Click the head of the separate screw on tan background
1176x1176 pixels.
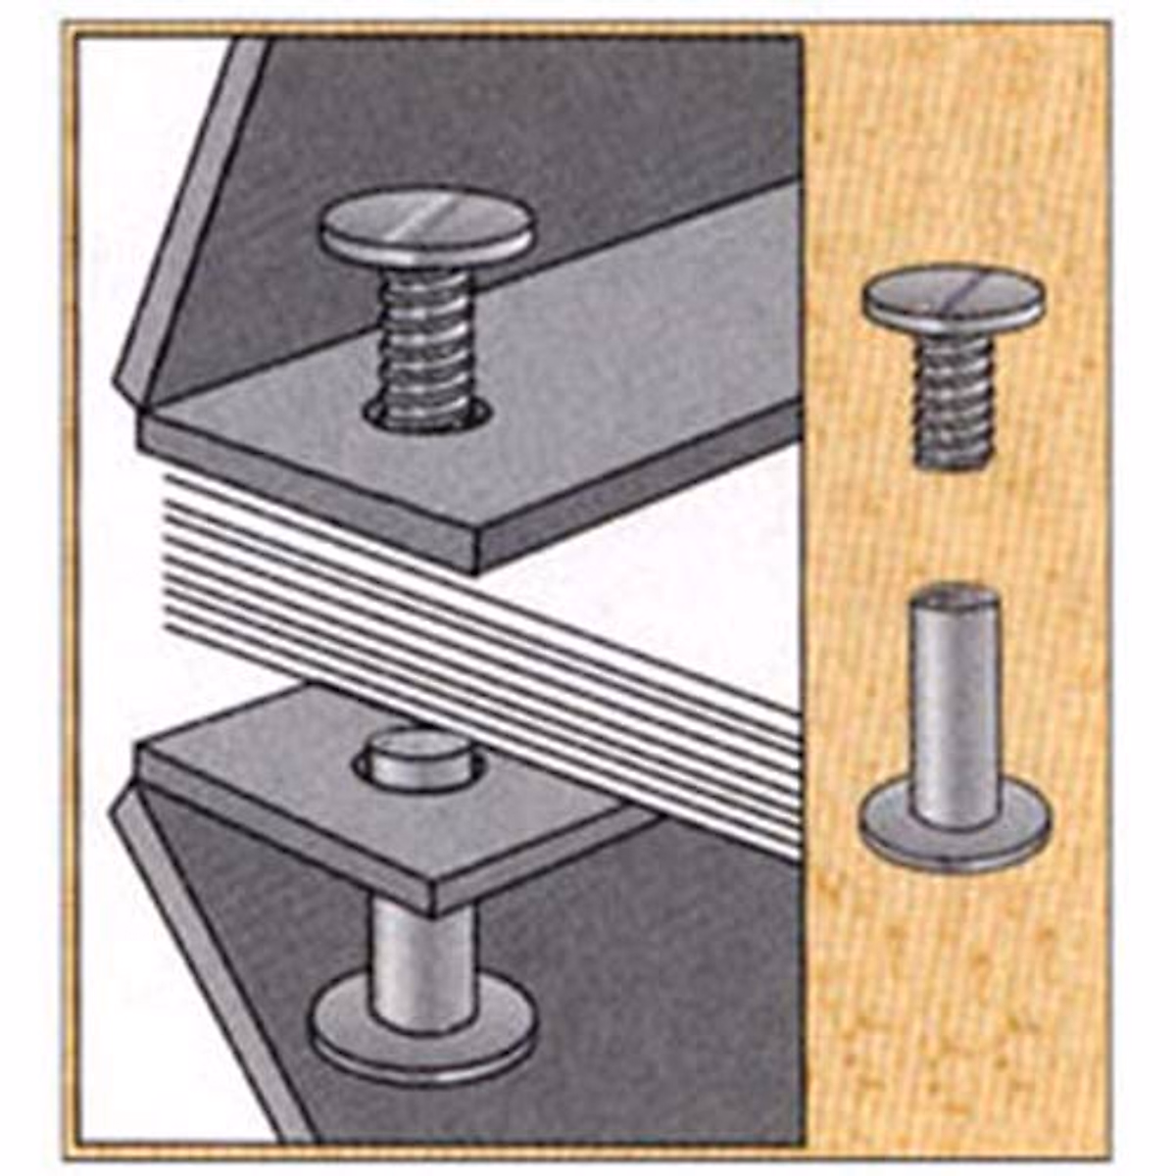(x=953, y=299)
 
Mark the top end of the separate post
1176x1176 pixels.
(x=953, y=595)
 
